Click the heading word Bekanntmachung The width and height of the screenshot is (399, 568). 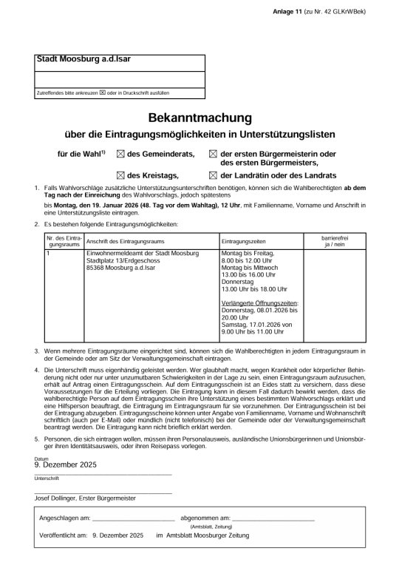[x=199, y=118]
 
